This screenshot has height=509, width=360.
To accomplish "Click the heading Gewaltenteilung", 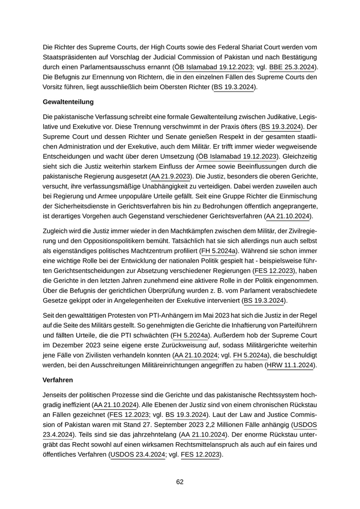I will coord(68,102).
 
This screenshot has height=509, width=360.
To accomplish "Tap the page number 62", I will coord(180,482).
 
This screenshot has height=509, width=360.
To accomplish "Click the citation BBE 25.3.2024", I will coord(289,67).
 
